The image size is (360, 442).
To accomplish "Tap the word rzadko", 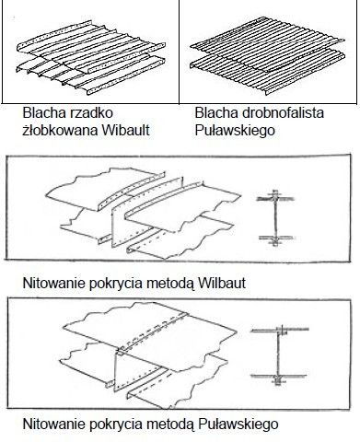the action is [x=89, y=112].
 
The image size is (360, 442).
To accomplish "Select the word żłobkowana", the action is [x=60, y=130].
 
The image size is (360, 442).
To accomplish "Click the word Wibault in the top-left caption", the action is [x=125, y=130].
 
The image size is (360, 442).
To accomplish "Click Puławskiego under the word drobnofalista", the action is [x=235, y=131].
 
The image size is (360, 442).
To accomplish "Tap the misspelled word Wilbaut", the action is [x=222, y=283].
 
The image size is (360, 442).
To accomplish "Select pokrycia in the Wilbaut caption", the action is [x=116, y=284].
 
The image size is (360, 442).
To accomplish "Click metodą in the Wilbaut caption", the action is [x=170, y=284].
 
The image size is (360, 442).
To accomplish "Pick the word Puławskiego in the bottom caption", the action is [x=238, y=425].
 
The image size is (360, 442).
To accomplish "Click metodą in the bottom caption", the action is [x=170, y=425].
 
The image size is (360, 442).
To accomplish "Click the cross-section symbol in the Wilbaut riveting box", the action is [x=275, y=217].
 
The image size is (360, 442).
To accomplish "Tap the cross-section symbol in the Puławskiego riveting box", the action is [x=279, y=355].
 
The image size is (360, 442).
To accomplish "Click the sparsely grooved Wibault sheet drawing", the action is [x=90, y=57].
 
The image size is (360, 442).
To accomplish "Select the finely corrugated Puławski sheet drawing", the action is [x=267, y=55].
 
